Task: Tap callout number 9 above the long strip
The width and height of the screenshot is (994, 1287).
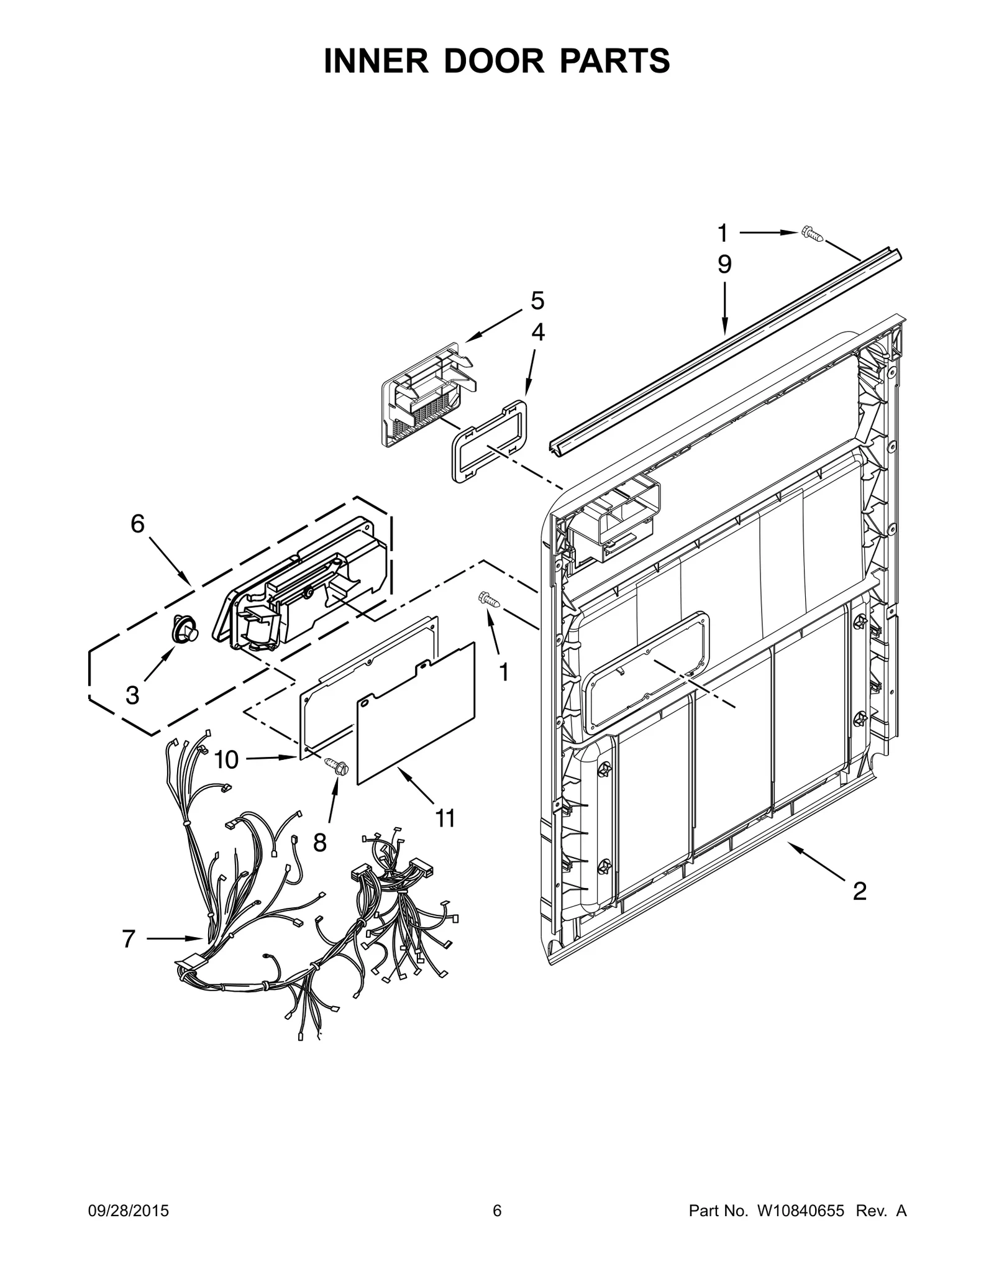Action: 724,265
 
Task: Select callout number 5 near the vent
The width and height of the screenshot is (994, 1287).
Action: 537,301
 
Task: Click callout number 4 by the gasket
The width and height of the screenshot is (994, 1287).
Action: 537,332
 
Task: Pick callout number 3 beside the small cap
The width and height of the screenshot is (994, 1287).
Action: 132,695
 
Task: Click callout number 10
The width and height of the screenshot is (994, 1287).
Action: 227,759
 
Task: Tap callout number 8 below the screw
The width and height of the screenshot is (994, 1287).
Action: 319,843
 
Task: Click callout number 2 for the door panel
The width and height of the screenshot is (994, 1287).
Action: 859,892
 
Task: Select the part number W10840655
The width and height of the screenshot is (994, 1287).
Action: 800,1211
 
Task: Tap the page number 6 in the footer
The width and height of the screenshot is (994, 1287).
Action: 497,1211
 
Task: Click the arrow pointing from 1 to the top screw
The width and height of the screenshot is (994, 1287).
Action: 768,233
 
